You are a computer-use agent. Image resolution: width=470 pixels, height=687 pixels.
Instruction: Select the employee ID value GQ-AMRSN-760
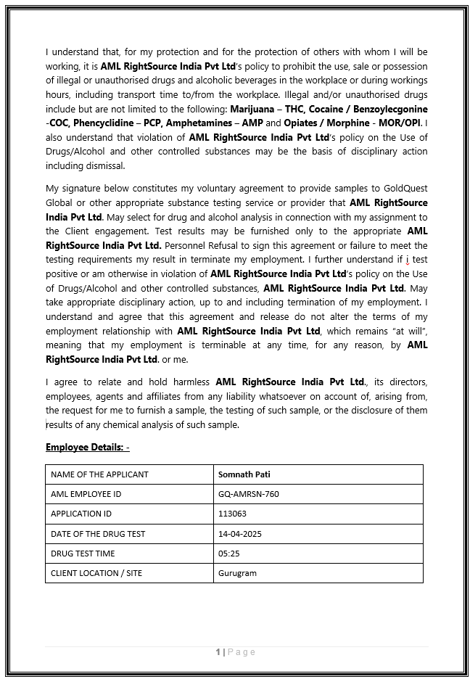(x=248, y=494)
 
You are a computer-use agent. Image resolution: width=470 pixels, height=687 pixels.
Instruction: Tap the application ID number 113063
(x=232, y=514)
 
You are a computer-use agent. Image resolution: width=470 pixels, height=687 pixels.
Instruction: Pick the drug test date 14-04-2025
(x=239, y=534)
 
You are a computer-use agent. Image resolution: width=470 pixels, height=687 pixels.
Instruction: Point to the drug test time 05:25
(x=228, y=554)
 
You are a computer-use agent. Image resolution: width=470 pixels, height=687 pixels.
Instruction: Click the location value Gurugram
(x=237, y=573)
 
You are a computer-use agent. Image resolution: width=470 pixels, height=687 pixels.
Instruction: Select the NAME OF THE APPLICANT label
(x=99, y=474)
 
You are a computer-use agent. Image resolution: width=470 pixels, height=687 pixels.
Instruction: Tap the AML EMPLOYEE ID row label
(x=86, y=494)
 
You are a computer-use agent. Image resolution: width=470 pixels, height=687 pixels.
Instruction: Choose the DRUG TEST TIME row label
(x=83, y=554)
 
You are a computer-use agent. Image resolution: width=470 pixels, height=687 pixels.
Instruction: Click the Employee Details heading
(x=87, y=447)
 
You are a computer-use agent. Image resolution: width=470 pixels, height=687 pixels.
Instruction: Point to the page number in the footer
(x=218, y=652)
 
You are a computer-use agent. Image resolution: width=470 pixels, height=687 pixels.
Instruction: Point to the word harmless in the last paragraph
(x=187, y=382)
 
